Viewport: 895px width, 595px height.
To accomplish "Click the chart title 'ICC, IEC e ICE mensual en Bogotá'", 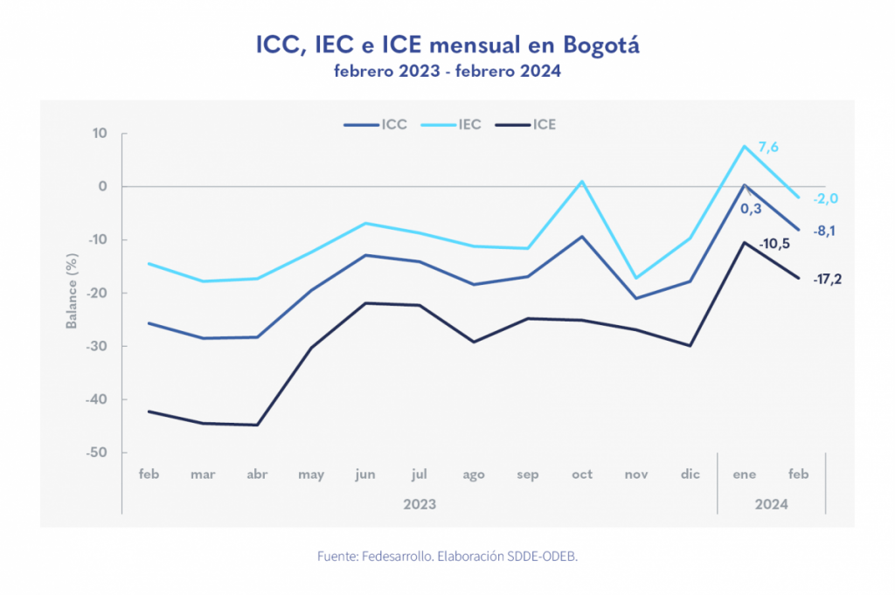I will pyautogui.click(x=447, y=45).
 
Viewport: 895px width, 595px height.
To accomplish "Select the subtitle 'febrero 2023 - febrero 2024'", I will pyautogui.click(x=447, y=72).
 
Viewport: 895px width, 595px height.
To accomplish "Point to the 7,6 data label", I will pyautogui.click(x=768, y=148).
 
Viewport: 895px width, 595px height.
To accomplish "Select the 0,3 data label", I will pyautogui.click(x=750, y=210).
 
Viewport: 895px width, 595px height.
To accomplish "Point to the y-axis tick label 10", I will pyautogui.click(x=101, y=134).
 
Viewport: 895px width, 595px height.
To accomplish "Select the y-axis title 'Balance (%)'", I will pyautogui.click(x=72, y=292).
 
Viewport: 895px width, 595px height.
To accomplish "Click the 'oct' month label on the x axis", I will pyautogui.click(x=582, y=474).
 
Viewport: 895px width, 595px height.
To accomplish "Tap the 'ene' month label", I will pyautogui.click(x=745, y=474).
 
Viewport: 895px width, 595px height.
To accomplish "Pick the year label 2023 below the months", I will pyautogui.click(x=420, y=504).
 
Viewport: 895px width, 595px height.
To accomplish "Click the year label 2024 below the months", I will pyautogui.click(x=772, y=504).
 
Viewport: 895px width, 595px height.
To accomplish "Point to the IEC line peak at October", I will pyautogui.click(x=582, y=182).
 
